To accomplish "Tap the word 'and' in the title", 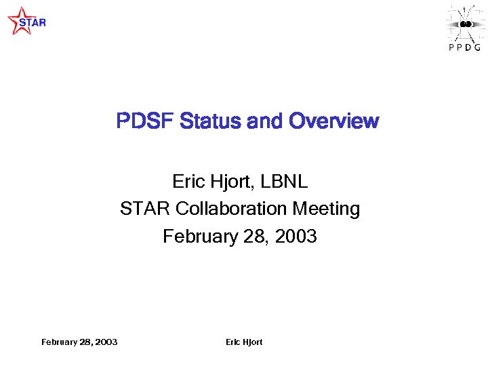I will click(266, 121).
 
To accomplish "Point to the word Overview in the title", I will click(334, 121).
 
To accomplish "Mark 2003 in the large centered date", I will click(294, 237).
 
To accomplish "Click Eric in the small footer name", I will click(232, 342).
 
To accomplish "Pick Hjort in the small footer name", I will click(252, 342).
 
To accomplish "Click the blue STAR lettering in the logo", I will click(33, 22).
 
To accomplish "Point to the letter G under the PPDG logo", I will click(478, 47).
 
